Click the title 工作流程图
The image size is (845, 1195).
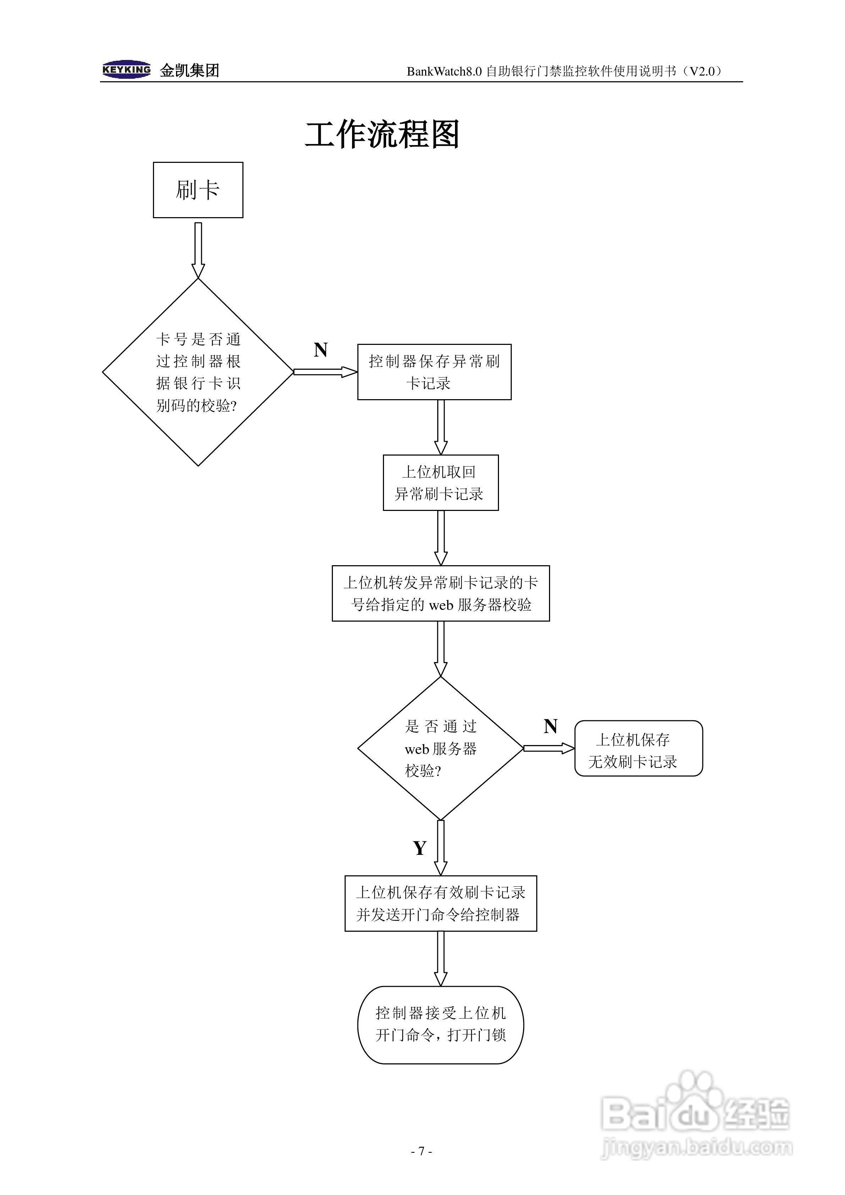tap(382, 135)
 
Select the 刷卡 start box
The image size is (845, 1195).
tap(198, 190)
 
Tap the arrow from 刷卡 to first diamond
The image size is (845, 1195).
tap(198, 250)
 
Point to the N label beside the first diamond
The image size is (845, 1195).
tap(321, 350)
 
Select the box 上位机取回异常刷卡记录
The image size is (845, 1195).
tap(440, 483)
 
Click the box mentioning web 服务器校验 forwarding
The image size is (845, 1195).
tap(440, 593)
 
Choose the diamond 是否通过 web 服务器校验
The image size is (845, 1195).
tap(440, 748)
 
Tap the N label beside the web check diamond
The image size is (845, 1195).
tap(550, 726)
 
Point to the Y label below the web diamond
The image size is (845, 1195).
tap(419, 848)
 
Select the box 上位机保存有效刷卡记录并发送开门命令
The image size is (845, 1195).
tap(440, 903)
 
